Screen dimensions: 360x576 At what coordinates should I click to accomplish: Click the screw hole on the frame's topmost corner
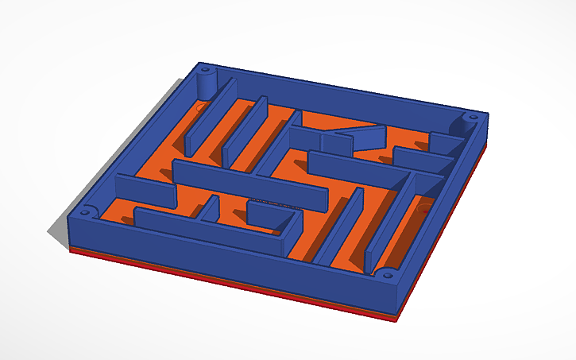[205, 69]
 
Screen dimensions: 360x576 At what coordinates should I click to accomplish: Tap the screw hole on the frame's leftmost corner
[83, 213]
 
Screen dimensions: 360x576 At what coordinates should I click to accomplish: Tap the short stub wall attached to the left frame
[143, 189]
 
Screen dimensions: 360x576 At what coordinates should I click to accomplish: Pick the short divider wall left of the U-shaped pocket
[211, 208]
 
